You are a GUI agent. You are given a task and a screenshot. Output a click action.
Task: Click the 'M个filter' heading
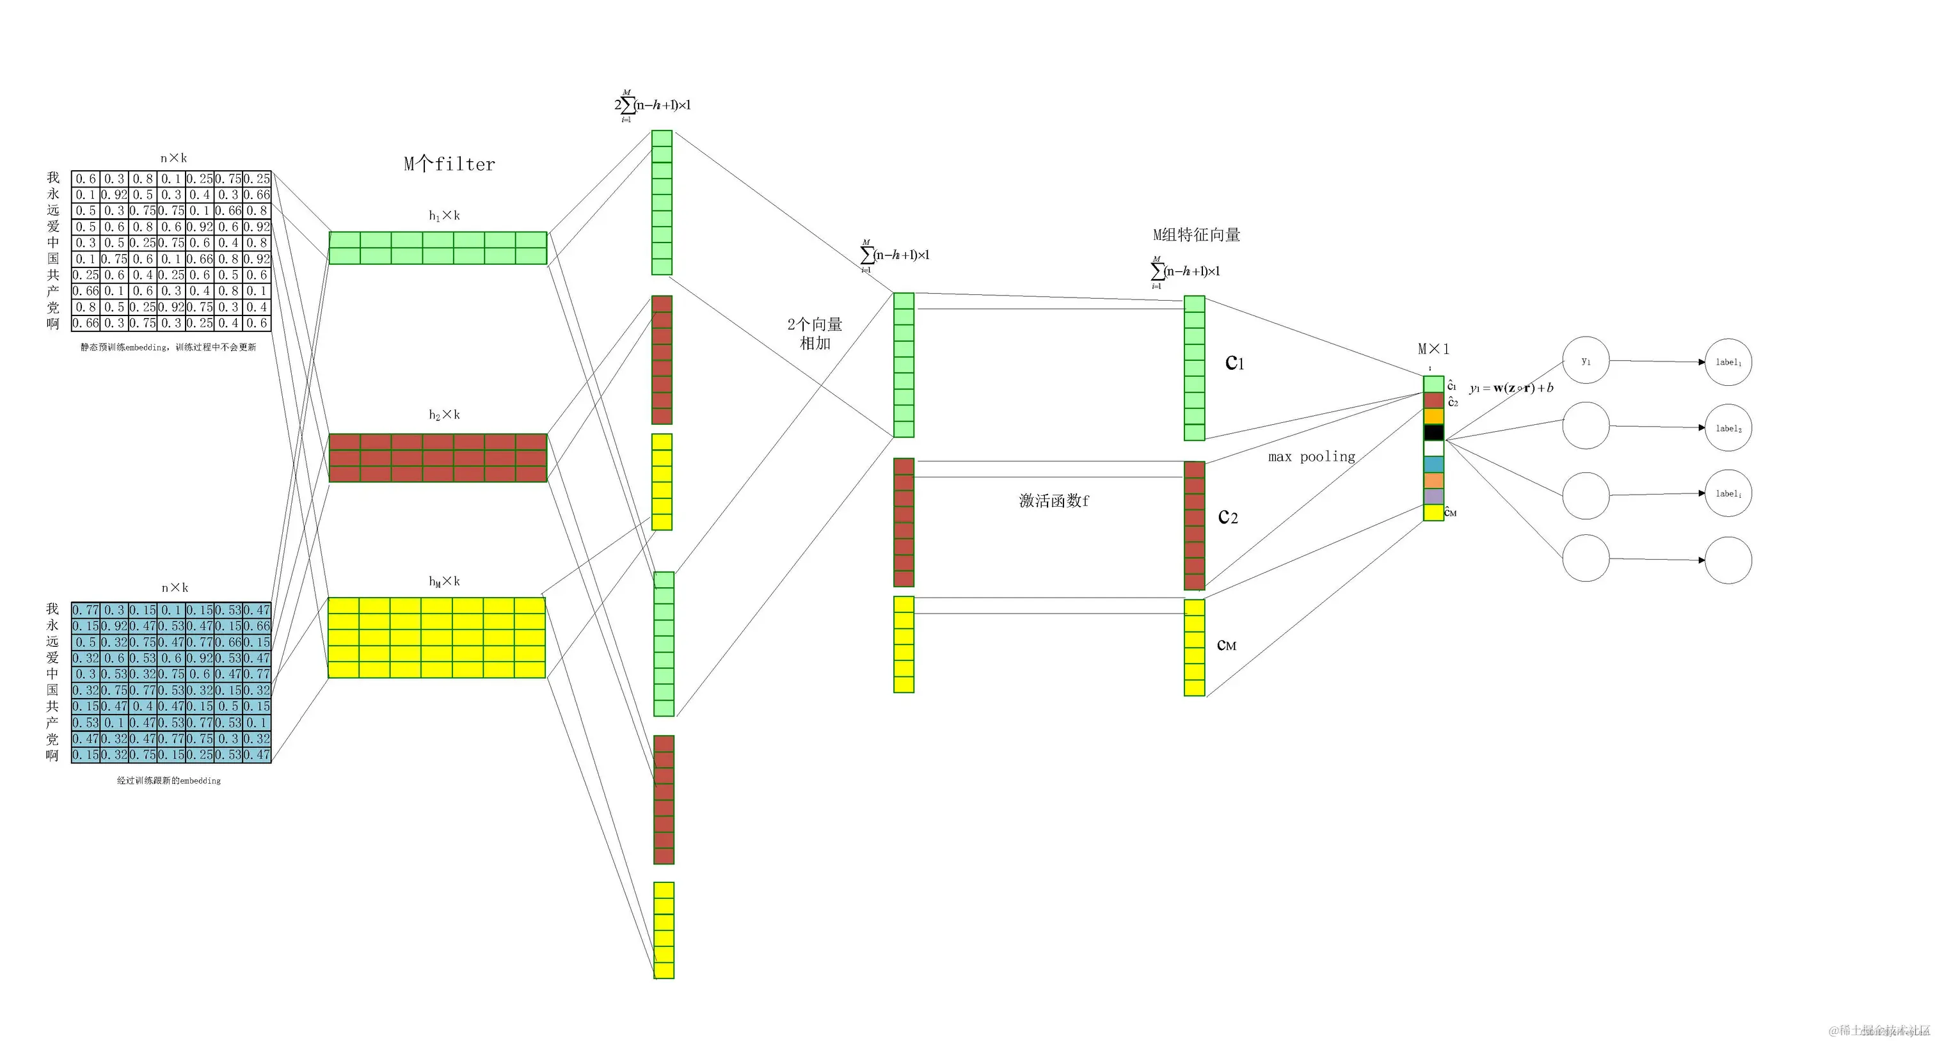449,164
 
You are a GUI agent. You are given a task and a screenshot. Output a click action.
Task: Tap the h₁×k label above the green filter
444,216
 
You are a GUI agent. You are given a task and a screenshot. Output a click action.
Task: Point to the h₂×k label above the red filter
444,415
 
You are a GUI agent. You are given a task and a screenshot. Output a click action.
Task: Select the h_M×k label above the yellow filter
444,582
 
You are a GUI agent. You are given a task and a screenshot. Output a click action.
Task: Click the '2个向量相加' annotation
815,333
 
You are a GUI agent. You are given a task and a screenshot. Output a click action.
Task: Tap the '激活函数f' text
1053,501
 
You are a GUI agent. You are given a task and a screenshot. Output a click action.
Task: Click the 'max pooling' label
1312,457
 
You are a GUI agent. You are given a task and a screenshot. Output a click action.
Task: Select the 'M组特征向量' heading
1196,235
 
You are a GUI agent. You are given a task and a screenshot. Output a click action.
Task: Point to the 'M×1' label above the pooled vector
1433,349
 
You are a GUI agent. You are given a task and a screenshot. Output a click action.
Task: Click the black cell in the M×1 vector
1433,433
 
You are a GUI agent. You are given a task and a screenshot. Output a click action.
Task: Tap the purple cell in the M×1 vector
1433,497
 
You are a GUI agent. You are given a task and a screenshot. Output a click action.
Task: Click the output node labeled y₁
1585,360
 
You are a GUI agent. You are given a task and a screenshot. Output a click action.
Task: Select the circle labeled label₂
1728,428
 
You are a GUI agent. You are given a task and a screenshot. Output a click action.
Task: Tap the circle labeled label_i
1728,493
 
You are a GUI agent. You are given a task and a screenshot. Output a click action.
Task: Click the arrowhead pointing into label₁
1701,362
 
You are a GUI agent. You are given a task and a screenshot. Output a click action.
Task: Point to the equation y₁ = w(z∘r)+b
1511,388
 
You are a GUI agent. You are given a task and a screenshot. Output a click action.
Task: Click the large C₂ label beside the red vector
1227,517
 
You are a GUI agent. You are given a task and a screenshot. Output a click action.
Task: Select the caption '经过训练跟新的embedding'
168,781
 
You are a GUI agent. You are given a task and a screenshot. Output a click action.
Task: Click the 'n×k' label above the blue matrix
174,588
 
